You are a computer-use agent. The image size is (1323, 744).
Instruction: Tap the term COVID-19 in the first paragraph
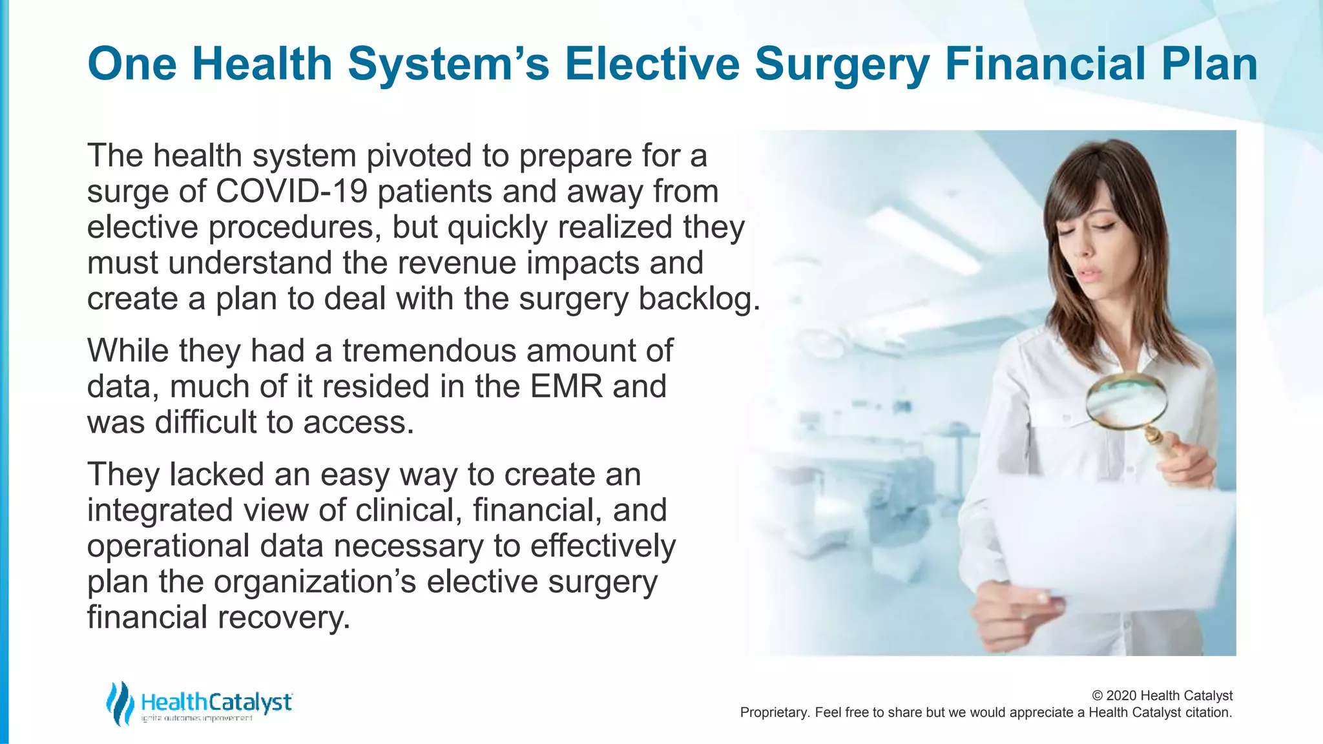pyautogui.click(x=291, y=192)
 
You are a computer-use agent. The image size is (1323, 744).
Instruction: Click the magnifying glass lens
pyautogui.click(x=1127, y=401)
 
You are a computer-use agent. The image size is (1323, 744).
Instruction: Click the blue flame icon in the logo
pyautogui.click(x=120, y=703)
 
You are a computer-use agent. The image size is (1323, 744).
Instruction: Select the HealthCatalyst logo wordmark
pyautogui.click(x=216, y=702)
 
